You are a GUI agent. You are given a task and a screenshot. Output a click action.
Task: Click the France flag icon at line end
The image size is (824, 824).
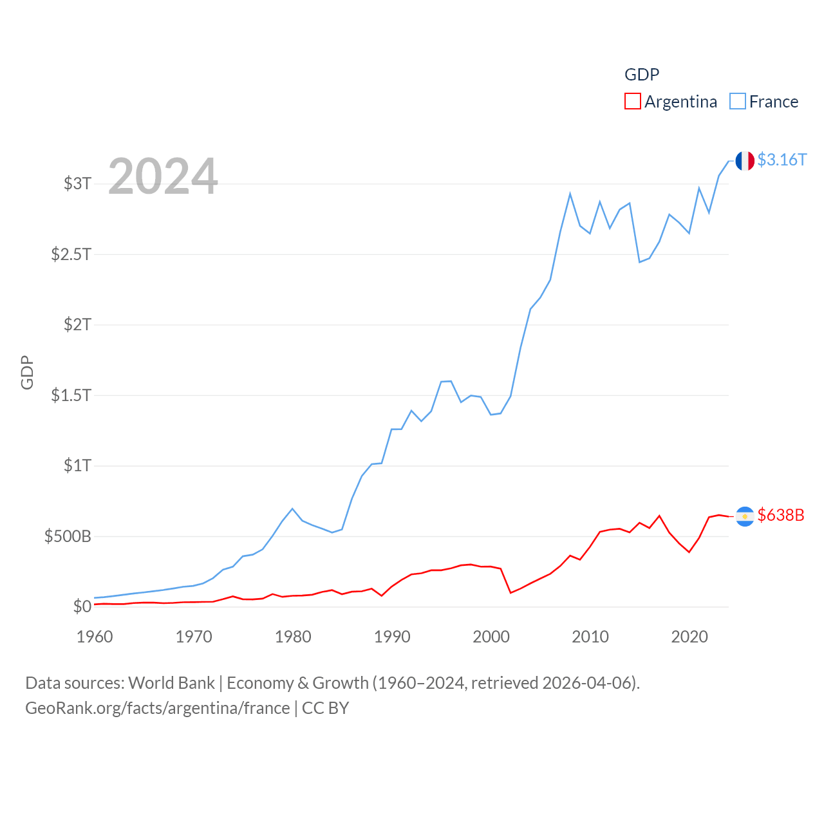tap(745, 161)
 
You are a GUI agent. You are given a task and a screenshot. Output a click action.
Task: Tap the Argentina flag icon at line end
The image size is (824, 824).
tap(745, 516)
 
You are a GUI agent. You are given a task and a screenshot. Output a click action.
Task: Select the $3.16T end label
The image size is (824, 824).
tap(782, 160)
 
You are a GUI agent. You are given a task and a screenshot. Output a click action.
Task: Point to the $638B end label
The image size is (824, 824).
tap(781, 515)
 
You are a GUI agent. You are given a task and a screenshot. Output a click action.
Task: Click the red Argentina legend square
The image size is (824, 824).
tap(632, 102)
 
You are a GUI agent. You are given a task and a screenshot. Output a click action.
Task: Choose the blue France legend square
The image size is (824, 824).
tap(737, 102)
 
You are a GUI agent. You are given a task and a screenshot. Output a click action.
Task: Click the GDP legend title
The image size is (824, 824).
tap(642, 75)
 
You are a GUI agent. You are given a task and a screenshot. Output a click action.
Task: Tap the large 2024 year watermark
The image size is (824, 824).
tap(163, 176)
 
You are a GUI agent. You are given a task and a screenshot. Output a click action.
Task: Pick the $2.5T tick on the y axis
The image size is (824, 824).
tap(71, 254)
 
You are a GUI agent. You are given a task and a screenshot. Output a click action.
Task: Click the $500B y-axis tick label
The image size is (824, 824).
tap(68, 536)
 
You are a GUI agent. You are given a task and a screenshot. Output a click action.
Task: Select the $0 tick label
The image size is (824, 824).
tap(82, 606)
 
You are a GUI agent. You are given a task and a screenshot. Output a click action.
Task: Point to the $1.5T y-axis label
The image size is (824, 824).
tap(71, 395)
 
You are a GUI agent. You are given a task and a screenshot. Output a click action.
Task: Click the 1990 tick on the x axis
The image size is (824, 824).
tap(392, 637)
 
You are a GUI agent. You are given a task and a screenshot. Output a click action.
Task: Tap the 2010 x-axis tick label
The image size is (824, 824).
tap(590, 637)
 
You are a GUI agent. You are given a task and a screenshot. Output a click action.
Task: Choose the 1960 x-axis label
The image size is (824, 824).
tap(95, 637)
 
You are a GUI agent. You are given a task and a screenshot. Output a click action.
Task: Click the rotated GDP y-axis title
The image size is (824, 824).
tap(27, 372)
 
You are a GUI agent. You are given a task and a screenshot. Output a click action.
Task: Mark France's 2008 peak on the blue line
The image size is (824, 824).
tap(570, 194)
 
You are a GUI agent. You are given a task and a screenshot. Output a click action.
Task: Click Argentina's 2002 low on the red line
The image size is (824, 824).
tap(510, 592)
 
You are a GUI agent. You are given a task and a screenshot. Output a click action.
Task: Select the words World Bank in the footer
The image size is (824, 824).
tap(171, 682)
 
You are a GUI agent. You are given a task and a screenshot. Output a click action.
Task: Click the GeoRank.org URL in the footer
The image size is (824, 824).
tap(158, 708)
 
